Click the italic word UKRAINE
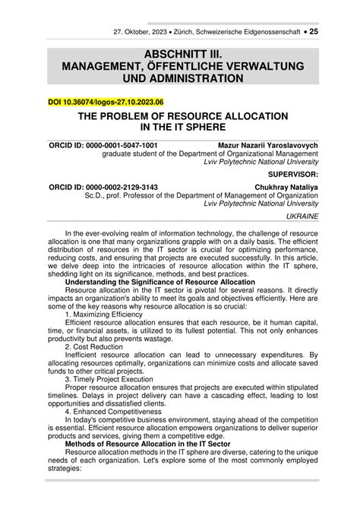[302, 217]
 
